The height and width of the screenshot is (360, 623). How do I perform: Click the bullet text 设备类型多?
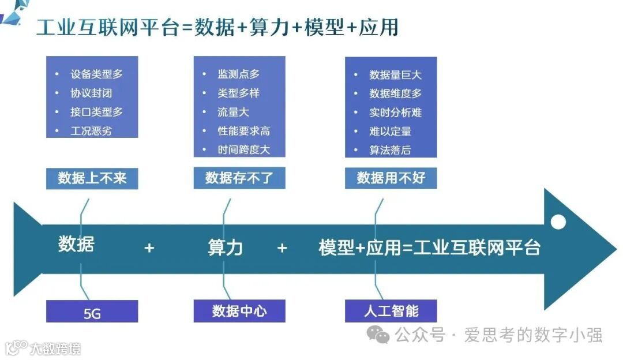tap(96, 74)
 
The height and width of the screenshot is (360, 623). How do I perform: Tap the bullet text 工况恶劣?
tap(92, 131)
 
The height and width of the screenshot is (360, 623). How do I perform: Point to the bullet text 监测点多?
tap(239, 74)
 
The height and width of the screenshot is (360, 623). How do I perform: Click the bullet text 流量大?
tap(234, 112)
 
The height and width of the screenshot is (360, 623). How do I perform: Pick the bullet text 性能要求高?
tap(244, 131)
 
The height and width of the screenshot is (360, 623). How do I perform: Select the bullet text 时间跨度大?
tap(244, 150)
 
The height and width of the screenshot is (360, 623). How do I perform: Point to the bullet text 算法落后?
tap(391, 150)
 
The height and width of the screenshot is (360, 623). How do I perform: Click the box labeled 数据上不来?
tap(92, 178)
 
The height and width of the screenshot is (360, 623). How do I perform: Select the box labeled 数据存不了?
tap(239, 178)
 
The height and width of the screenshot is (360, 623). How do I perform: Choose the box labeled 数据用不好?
tap(391, 178)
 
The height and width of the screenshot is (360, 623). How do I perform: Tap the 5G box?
tap(92, 313)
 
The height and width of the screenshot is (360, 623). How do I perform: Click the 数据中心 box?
tap(239, 311)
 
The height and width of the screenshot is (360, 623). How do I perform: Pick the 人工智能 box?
tap(391, 311)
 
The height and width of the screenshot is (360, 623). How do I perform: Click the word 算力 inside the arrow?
tap(225, 247)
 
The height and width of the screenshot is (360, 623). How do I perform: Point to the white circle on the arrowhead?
tap(558, 221)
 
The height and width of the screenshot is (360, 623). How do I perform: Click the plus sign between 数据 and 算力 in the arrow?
tap(149, 248)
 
